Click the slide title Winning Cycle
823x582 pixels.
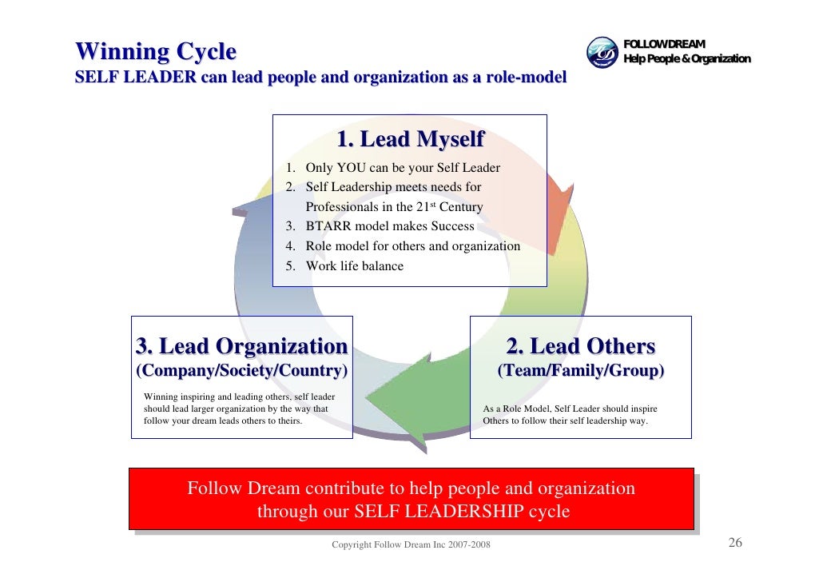[156, 53]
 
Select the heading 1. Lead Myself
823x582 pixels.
[410, 140]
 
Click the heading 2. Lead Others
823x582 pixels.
[581, 347]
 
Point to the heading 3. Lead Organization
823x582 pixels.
[241, 347]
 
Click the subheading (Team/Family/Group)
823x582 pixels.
[581, 372]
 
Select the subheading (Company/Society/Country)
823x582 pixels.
[241, 372]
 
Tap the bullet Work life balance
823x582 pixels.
[354, 266]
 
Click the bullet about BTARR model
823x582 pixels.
[389, 226]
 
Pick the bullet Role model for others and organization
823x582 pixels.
[412, 246]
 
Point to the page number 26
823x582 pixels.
[735, 544]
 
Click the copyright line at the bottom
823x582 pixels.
[411, 545]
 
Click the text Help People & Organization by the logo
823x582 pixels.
[686, 59]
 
